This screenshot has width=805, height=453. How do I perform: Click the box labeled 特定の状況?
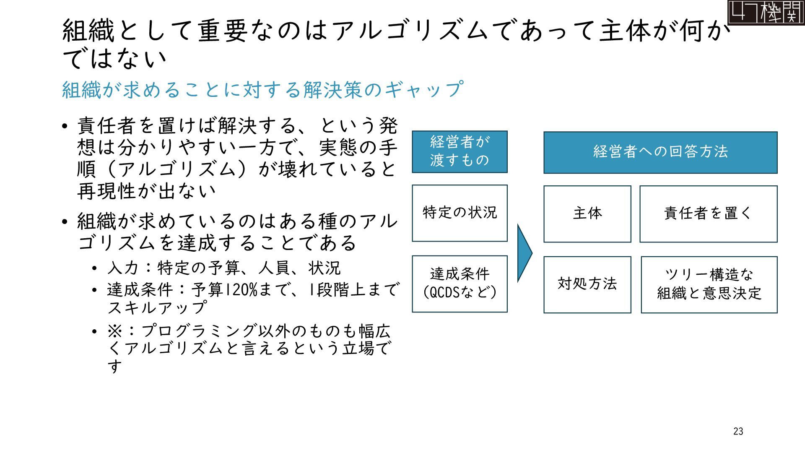(460, 213)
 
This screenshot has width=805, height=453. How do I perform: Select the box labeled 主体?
(587, 214)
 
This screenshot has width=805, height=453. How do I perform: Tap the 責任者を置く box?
(708, 214)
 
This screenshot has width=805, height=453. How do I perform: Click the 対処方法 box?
(587, 284)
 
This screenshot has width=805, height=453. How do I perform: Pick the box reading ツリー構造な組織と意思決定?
(709, 284)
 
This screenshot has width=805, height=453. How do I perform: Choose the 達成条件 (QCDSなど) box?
(460, 284)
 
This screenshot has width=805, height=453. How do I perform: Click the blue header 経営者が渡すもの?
(460, 151)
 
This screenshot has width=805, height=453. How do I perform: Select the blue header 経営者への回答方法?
(660, 152)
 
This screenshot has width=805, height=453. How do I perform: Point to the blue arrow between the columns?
(524, 253)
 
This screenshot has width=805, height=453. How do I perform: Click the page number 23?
(738, 431)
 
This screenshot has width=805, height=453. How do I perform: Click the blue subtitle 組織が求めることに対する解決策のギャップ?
(262, 90)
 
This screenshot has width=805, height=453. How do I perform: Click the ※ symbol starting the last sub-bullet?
(114, 331)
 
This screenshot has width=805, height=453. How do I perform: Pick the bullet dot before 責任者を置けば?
(64, 126)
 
